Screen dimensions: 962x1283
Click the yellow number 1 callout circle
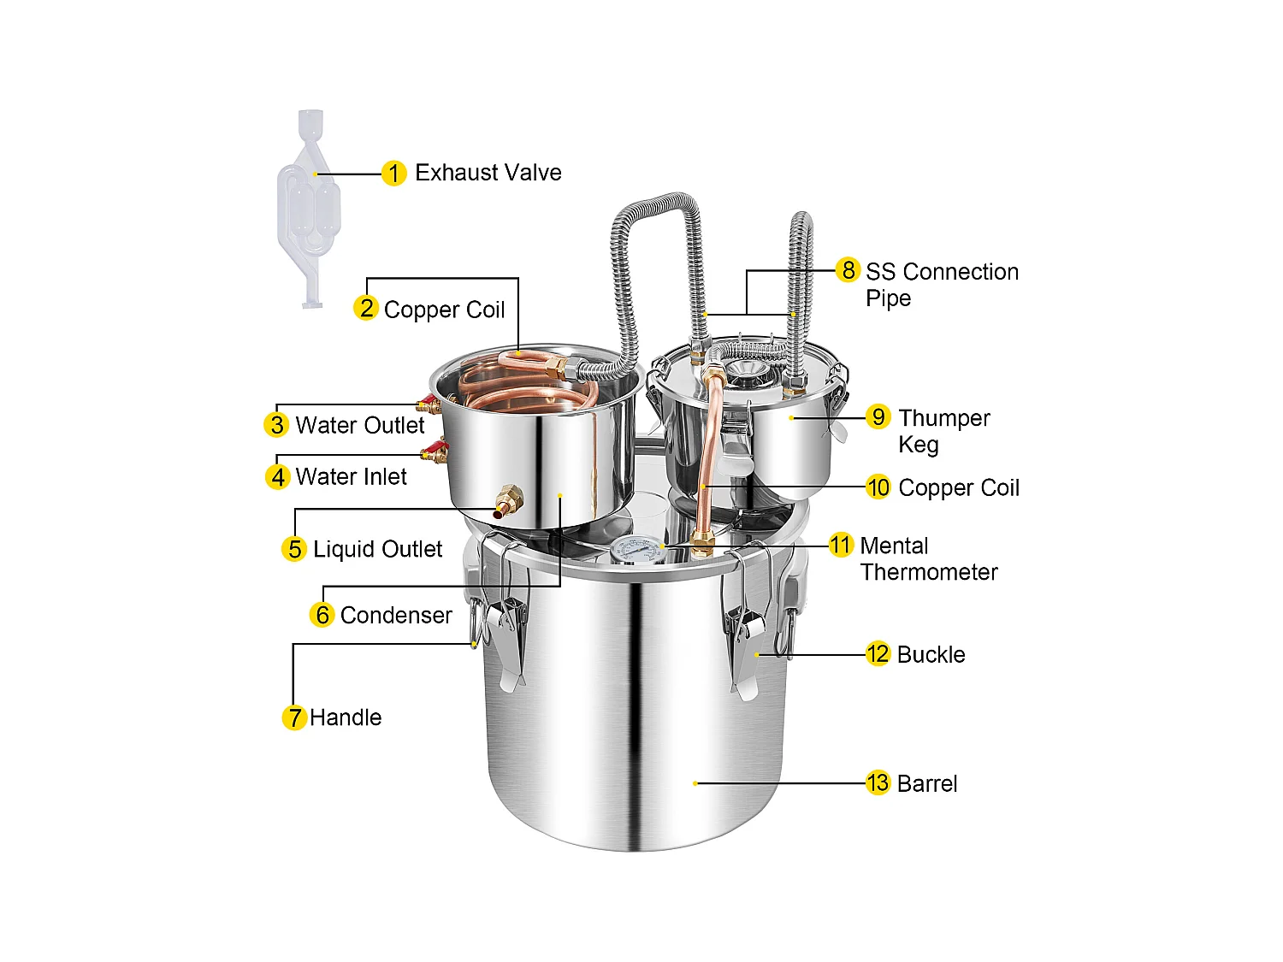tap(393, 174)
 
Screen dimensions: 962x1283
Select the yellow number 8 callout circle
tap(848, 270)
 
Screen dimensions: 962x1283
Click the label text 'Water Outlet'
tap(360, 425)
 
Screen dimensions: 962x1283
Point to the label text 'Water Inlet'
tap(351, 476)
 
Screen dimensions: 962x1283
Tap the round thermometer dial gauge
tap(638, 551)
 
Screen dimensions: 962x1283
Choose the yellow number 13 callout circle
tap(878, 782)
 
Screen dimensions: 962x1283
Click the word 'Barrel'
tap(927, 783)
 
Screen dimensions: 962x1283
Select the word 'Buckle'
tap(931, 654)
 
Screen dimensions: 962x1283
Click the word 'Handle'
tap(346, 717)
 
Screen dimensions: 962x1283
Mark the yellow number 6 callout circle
tap(322, 614)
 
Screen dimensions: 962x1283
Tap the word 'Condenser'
tap(396, 615)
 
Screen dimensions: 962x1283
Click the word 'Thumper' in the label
tap(943, 418)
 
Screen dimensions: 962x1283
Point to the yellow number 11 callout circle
tap(841, 545)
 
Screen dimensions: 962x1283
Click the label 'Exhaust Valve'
tap(488, 173)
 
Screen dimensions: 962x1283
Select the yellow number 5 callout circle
tap(294, 549)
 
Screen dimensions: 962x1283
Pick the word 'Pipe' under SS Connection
tap(888, 298)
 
